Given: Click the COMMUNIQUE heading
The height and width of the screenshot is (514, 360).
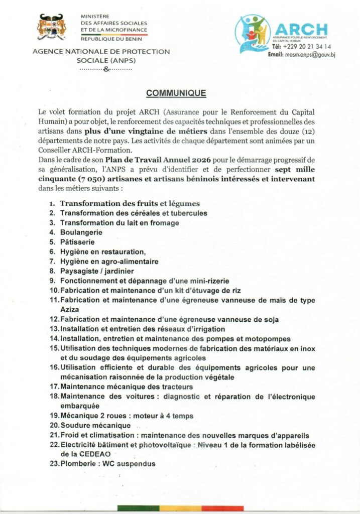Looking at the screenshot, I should click(x=176, y=93).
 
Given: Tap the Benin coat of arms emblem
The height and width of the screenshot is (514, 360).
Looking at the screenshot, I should click(x=53, y=28).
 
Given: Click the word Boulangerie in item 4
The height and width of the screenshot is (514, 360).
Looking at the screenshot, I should click(x=81, y=232).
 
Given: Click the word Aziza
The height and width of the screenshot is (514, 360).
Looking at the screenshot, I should click(x=70, y=310).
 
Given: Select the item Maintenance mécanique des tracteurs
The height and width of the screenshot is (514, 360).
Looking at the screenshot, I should click(x=127, y=387).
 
